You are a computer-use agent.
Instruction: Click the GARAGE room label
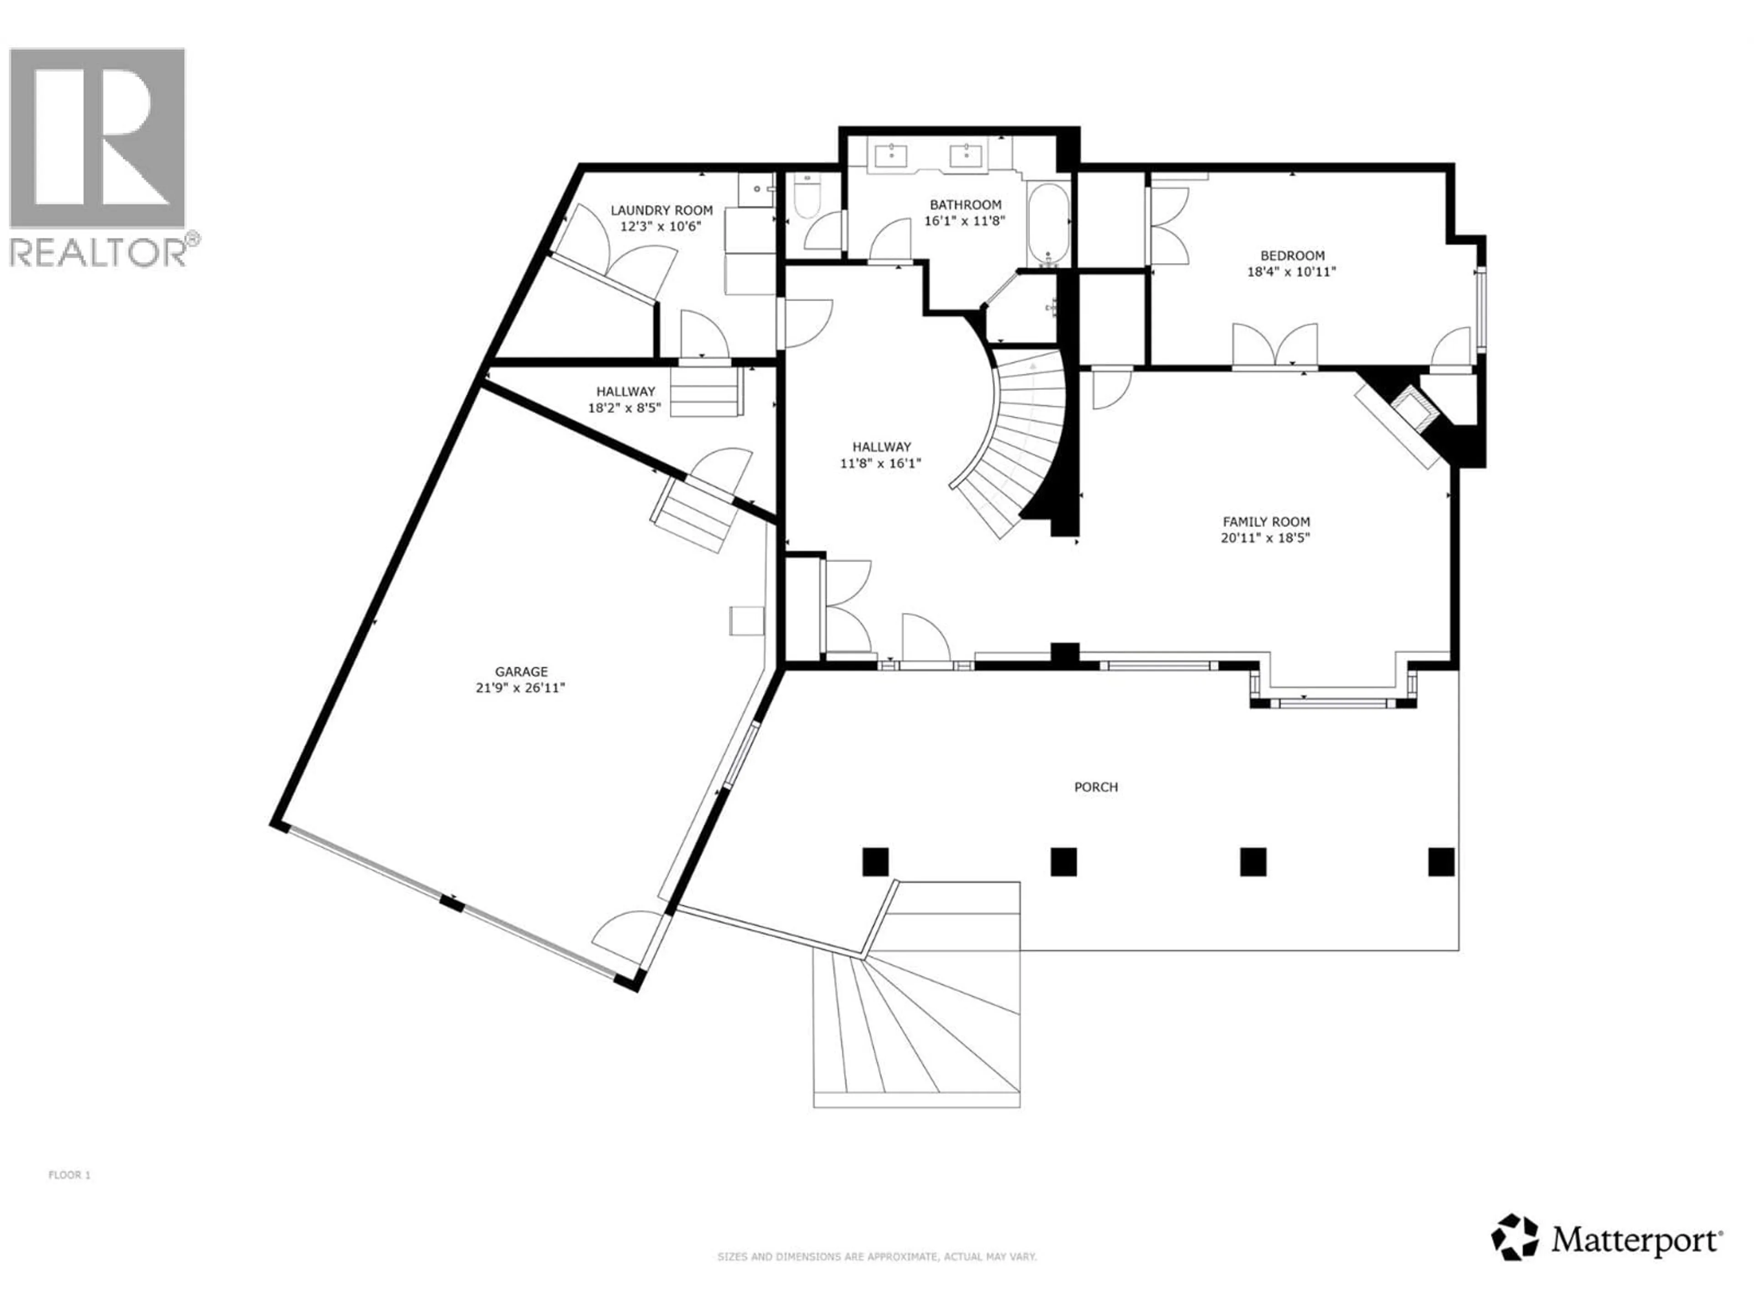click(521, 671)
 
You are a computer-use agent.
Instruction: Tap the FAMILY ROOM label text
click(1266, 521)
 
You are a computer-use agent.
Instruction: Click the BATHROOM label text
click(965, 205)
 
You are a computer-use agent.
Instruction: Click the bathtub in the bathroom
click(1048, 224)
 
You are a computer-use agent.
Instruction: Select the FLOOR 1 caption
click(70, 1175)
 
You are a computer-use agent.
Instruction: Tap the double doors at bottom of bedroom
click(1274, 347)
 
